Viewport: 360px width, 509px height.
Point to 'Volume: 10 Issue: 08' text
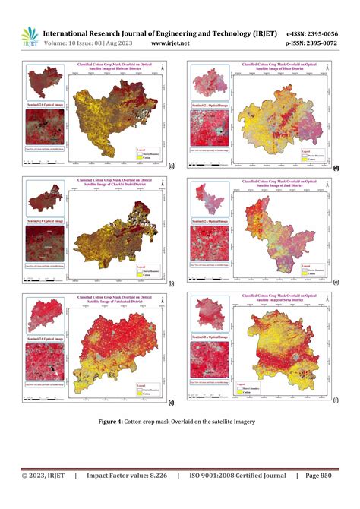click(x=78, y=45)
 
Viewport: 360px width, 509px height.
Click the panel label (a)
click(x=172, y=166)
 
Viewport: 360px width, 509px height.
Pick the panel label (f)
click(x=336, y=400)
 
